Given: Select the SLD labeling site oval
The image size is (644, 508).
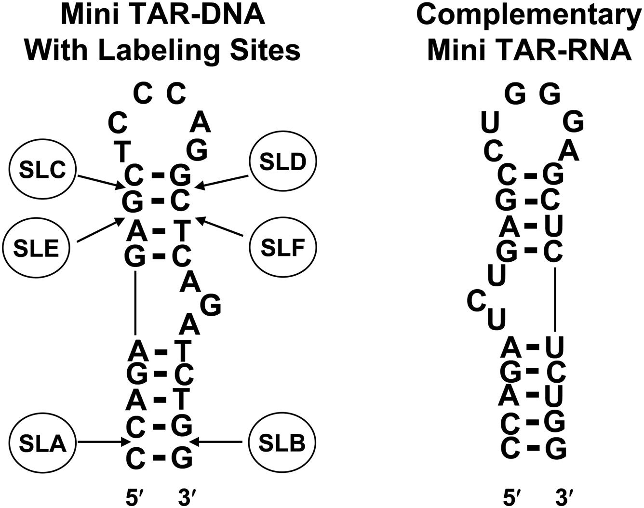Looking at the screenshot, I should pos(283,162).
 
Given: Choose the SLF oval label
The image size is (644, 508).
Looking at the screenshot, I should pos(283,247).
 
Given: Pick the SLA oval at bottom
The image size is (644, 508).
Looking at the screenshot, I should pos(43,442).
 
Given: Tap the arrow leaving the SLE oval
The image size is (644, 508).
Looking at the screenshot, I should pos(98,230).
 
